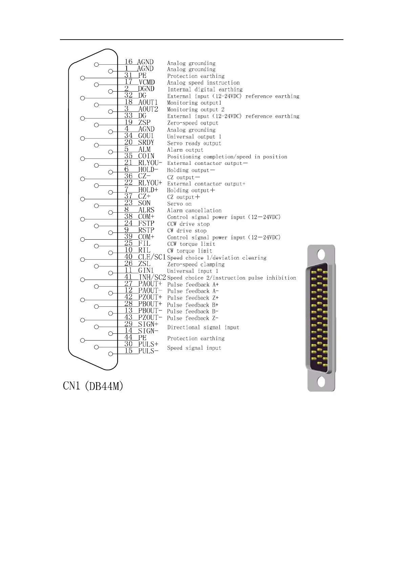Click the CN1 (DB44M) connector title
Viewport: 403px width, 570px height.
[93, 386]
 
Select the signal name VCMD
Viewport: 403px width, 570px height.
[147, 82]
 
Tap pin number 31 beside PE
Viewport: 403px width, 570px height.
[128, 75]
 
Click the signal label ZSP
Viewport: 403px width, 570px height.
[144, 123]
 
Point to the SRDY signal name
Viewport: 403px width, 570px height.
[146, 143]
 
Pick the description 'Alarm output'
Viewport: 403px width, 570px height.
[185, 150]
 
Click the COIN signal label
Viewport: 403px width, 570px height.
[146, 156]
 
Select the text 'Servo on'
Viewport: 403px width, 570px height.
[179, 204]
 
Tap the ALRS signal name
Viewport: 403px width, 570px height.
[146, 210]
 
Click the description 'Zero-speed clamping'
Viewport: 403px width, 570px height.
[196, 264]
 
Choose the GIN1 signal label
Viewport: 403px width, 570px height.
[146, 270]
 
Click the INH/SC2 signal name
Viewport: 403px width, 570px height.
[152, 278]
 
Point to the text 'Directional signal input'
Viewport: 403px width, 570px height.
[203, 327]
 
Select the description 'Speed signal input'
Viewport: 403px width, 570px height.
[194, 348]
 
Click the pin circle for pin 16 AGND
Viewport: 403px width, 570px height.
[97, 64]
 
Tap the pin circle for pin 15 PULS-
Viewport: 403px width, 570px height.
[110, 354]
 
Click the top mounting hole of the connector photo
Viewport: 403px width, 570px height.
[321, 255]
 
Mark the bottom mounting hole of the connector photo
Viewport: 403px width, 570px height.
[321, 382]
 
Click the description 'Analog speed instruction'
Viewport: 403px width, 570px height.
[203, 83]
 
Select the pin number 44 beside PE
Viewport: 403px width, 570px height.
[128, 337]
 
